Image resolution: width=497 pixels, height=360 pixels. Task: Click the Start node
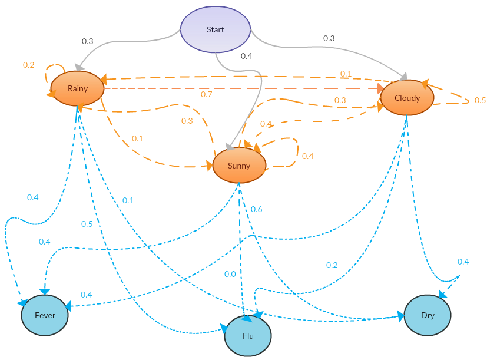click(x=215, y=29)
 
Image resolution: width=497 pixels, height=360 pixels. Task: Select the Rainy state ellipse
click(x=77, y=88)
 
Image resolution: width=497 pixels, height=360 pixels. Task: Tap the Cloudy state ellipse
click(x=407, y=98)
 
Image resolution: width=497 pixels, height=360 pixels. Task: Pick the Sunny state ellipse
click(x=238, y=166)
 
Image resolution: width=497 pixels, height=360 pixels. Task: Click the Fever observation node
click(x=45, y=315)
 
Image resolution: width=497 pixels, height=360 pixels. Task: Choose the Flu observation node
click(x=248, y=336)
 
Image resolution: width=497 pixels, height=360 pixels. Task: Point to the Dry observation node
click(x=428, y=315)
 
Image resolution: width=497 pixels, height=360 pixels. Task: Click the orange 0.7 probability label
click(x=206, y=94)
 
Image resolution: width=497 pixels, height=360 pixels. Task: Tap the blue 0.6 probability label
click(x=256, y=209)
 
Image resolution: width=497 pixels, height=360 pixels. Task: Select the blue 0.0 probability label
click(x=230, y=274)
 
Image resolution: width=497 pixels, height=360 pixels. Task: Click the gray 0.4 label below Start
click(x=246, y=56)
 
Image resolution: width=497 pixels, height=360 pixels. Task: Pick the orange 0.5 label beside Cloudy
click(x=480, y=100)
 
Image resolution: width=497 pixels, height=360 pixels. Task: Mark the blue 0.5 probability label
click(x=87, y=224)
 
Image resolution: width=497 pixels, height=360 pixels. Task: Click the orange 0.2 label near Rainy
click(x=28, y=65)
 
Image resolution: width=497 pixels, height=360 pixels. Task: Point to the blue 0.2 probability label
click(x=332, y=265)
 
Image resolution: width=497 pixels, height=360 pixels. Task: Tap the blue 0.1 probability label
click(x=128, y=200)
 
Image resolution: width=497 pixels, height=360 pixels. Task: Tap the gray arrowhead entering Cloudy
click(x=404, y=77)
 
